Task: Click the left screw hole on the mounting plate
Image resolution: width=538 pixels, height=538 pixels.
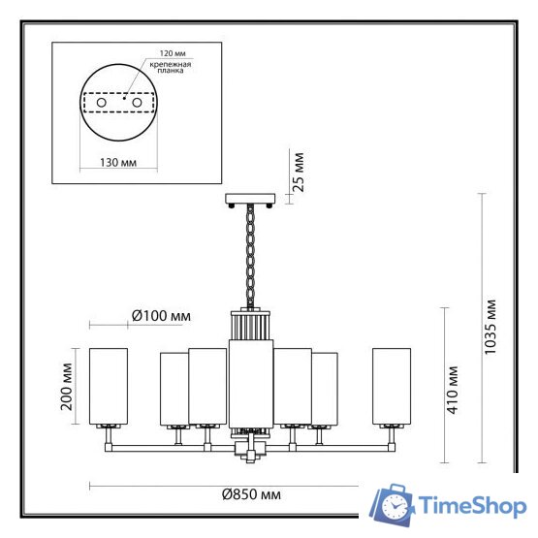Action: (x=100, y=102)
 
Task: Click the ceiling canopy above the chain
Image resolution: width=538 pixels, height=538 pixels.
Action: (x=250, y=200)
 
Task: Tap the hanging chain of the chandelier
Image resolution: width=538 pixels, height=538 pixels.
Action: (x=250, y=256)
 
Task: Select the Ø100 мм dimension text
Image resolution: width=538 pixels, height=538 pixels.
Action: (x=160, y=316)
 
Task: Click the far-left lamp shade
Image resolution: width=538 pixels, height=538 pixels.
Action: (x=109, y=385)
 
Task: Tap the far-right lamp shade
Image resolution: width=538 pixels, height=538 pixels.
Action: (x=392, y=385)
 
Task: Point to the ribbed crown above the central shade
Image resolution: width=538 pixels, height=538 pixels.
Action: (x=250, y=323)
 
